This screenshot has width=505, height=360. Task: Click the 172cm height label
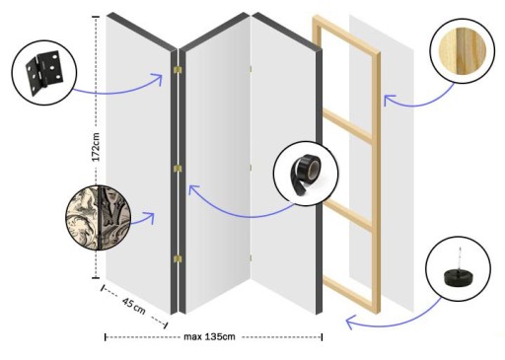96,147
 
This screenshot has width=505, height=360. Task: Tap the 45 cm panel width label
134,306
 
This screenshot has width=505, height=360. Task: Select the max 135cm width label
209,336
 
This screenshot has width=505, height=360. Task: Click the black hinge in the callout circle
44,73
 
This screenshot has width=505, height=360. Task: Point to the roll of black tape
305,175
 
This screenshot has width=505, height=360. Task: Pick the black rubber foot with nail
458,272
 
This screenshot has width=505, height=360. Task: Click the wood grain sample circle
463,50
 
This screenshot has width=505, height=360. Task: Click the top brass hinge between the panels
178,70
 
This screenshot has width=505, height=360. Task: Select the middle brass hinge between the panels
178,169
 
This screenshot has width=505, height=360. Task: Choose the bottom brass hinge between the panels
178,258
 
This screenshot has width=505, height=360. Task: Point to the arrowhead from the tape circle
193,189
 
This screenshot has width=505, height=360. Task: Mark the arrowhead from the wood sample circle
388,99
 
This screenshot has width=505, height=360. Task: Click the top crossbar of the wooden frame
346,34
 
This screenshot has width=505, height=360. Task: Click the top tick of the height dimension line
96,17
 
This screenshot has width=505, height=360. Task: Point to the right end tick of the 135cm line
322,337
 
